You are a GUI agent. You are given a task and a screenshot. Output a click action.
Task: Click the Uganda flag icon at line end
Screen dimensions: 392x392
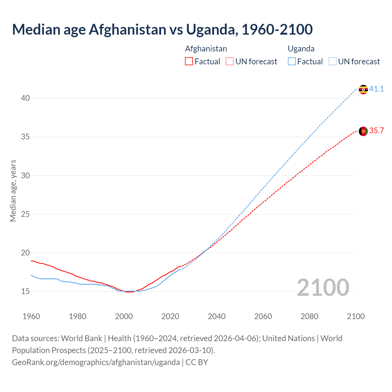click(x=363, y=89)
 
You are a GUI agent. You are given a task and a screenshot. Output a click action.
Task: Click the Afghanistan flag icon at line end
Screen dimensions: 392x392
click(x=363, y=131)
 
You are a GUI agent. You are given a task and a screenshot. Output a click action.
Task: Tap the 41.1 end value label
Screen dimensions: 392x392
click(x=376, y=89)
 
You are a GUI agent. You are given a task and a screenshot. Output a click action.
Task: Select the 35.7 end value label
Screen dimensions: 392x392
click(x=376, y=131)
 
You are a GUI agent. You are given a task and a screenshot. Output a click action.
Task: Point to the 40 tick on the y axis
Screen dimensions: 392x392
click(x=25, y=98)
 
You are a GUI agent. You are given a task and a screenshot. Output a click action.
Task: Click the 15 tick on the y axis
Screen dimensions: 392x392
click(x=25, y=291)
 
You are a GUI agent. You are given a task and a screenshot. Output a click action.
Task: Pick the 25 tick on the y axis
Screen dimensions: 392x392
click(x=25, y=214)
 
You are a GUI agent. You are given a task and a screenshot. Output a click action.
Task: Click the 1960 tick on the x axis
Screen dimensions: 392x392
click(x=31, y=316)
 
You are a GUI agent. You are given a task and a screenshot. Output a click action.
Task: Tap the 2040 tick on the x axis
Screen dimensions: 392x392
click(x=217, y=316)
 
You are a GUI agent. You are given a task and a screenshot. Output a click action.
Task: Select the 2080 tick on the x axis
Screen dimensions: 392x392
click(x=309, y=316)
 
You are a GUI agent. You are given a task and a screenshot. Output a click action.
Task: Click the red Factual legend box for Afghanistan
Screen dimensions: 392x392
click(x=189, y=62)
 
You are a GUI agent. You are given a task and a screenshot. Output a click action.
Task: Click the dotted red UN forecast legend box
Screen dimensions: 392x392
click(x=230, y=62)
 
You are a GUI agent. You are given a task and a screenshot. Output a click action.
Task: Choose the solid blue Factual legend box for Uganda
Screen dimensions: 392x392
click(x=292, y=62)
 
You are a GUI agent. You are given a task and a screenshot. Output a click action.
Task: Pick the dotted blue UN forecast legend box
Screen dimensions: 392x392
click(x=333, y=62)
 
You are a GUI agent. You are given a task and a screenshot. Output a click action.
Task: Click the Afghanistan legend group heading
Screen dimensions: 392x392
click(x=206, y=49)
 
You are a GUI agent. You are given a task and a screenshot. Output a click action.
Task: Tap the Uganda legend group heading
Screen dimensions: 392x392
click(x=301, y=49)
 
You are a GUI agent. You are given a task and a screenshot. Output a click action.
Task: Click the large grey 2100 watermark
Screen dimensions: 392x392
click(x=323, y=287)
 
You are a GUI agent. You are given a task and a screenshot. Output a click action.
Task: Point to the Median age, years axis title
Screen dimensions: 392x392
click(x=13, y=190)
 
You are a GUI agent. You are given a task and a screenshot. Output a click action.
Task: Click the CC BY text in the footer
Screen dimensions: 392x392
click(x=197, y=362)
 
